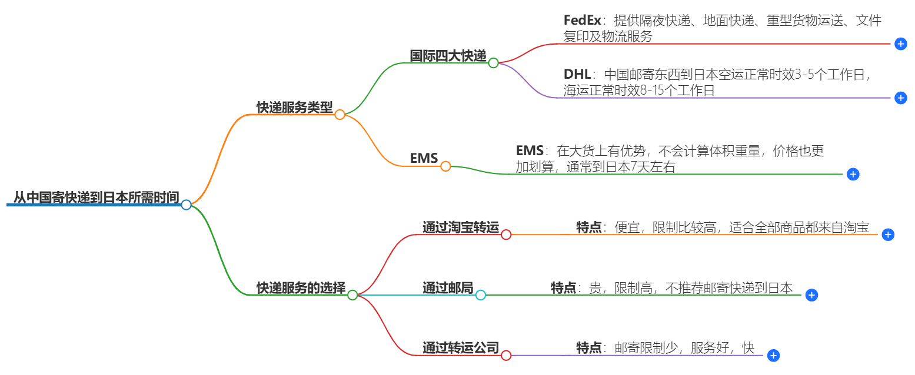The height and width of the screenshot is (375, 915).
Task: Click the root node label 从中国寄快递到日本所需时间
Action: coord(96,198)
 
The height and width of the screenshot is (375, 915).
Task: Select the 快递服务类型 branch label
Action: coord(294,108)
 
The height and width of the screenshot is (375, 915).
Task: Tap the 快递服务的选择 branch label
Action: coord(301,288)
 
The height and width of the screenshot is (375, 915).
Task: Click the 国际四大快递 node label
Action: coord(448,56)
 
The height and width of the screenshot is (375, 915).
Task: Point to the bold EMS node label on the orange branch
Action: coord(424,159)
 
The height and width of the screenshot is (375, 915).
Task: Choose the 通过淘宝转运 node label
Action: coord(460,227)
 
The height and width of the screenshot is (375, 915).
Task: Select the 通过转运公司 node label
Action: coord(460,348)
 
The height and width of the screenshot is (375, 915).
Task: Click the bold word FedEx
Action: coord(582,21)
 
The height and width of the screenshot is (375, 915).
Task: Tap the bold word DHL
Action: coord(577,75)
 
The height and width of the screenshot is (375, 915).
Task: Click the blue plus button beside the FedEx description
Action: coord(900,44)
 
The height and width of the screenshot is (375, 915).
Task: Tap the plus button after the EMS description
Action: coord(853,174)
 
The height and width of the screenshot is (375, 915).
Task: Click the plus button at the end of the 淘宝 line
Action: coord(888,235)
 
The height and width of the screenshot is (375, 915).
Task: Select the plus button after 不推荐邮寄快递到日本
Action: coord(811,295)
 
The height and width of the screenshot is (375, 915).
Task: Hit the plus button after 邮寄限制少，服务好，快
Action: coord(774,356)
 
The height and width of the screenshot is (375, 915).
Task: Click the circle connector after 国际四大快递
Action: coord(493,63)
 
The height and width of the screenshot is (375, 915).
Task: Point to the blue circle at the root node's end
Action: coord(186,205)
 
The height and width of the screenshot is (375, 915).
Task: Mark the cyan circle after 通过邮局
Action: coord(480,295)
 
